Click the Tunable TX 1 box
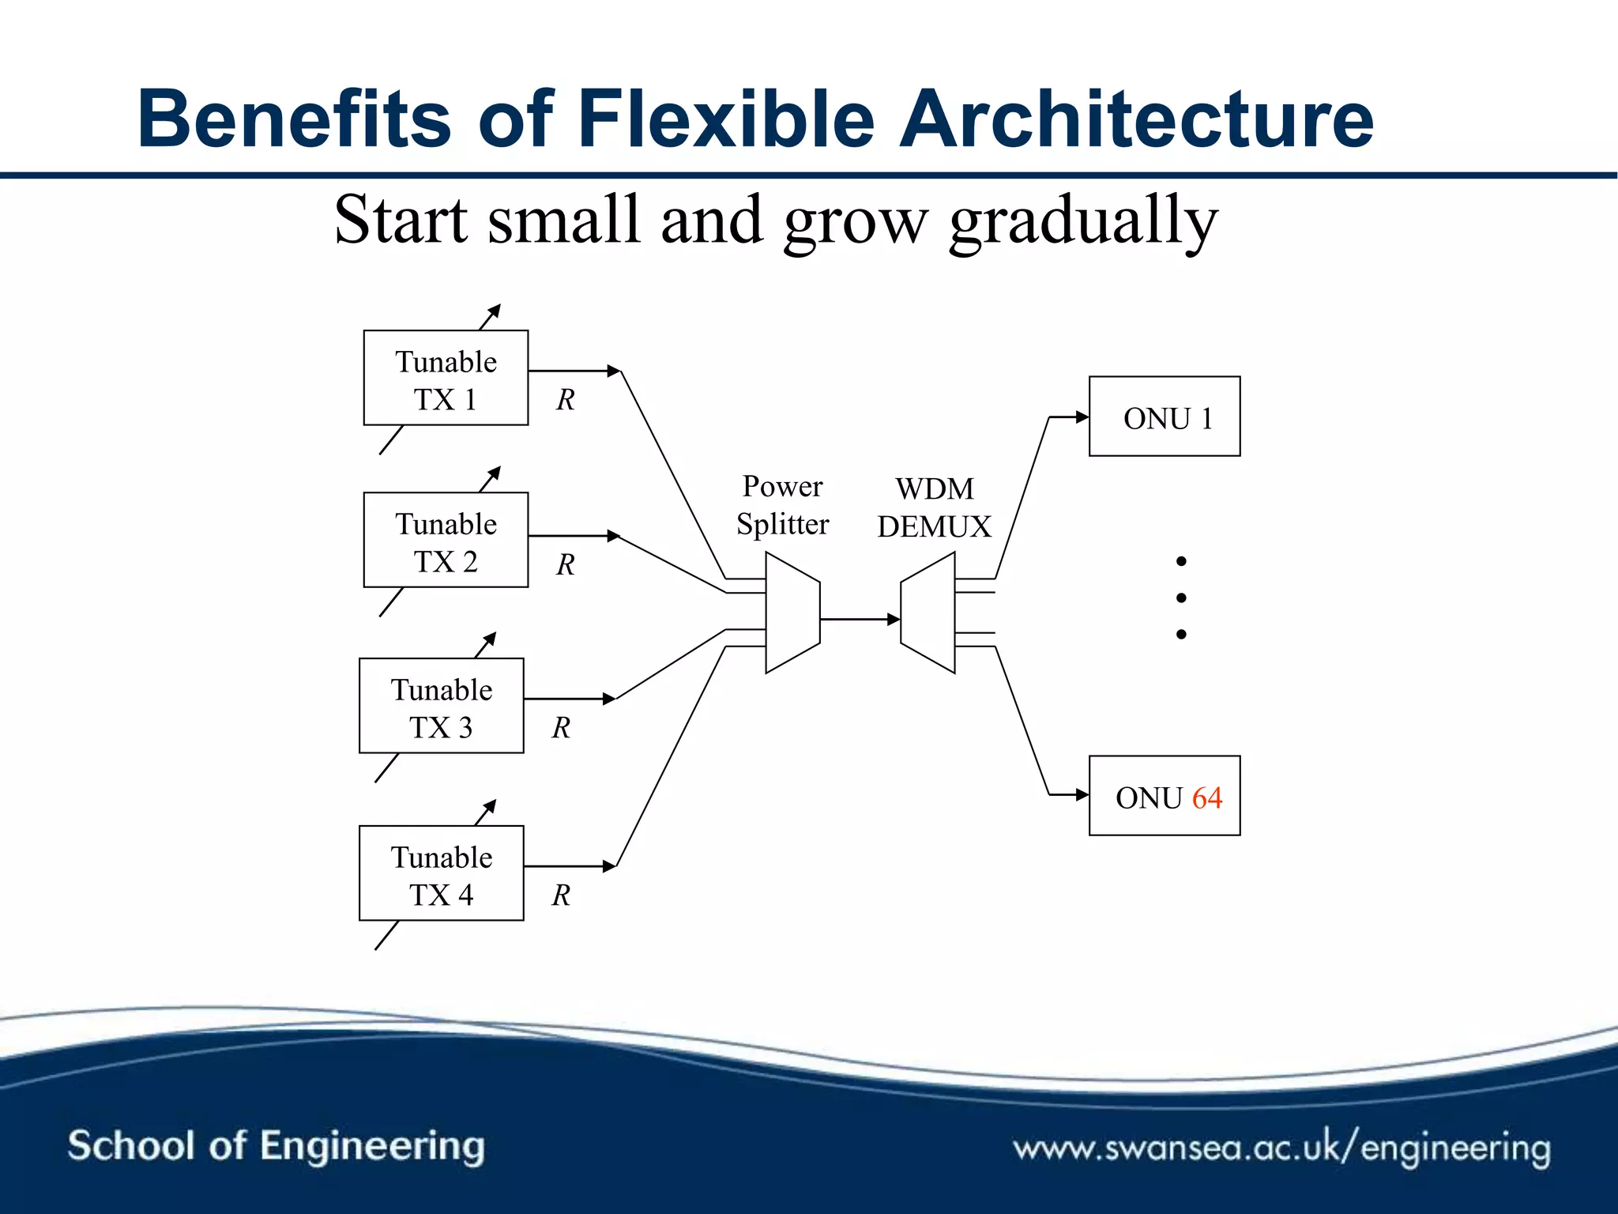point(446,378)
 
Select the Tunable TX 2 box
point(446,540)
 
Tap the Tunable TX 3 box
point(441,706)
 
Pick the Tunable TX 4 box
point(441,873)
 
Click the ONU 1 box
point(1165,417)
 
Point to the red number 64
point(1207,797)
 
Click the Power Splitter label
point(782,505)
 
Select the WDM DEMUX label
point(934,508)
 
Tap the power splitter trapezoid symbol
point(792,613)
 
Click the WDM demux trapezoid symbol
point(928,613)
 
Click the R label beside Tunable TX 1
point(565,400)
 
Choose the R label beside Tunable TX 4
point(561,895)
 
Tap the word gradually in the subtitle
point(1083,221)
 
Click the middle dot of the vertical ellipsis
point(1181,598)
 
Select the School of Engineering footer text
point(276,1145)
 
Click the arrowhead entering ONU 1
point(1082,417)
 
